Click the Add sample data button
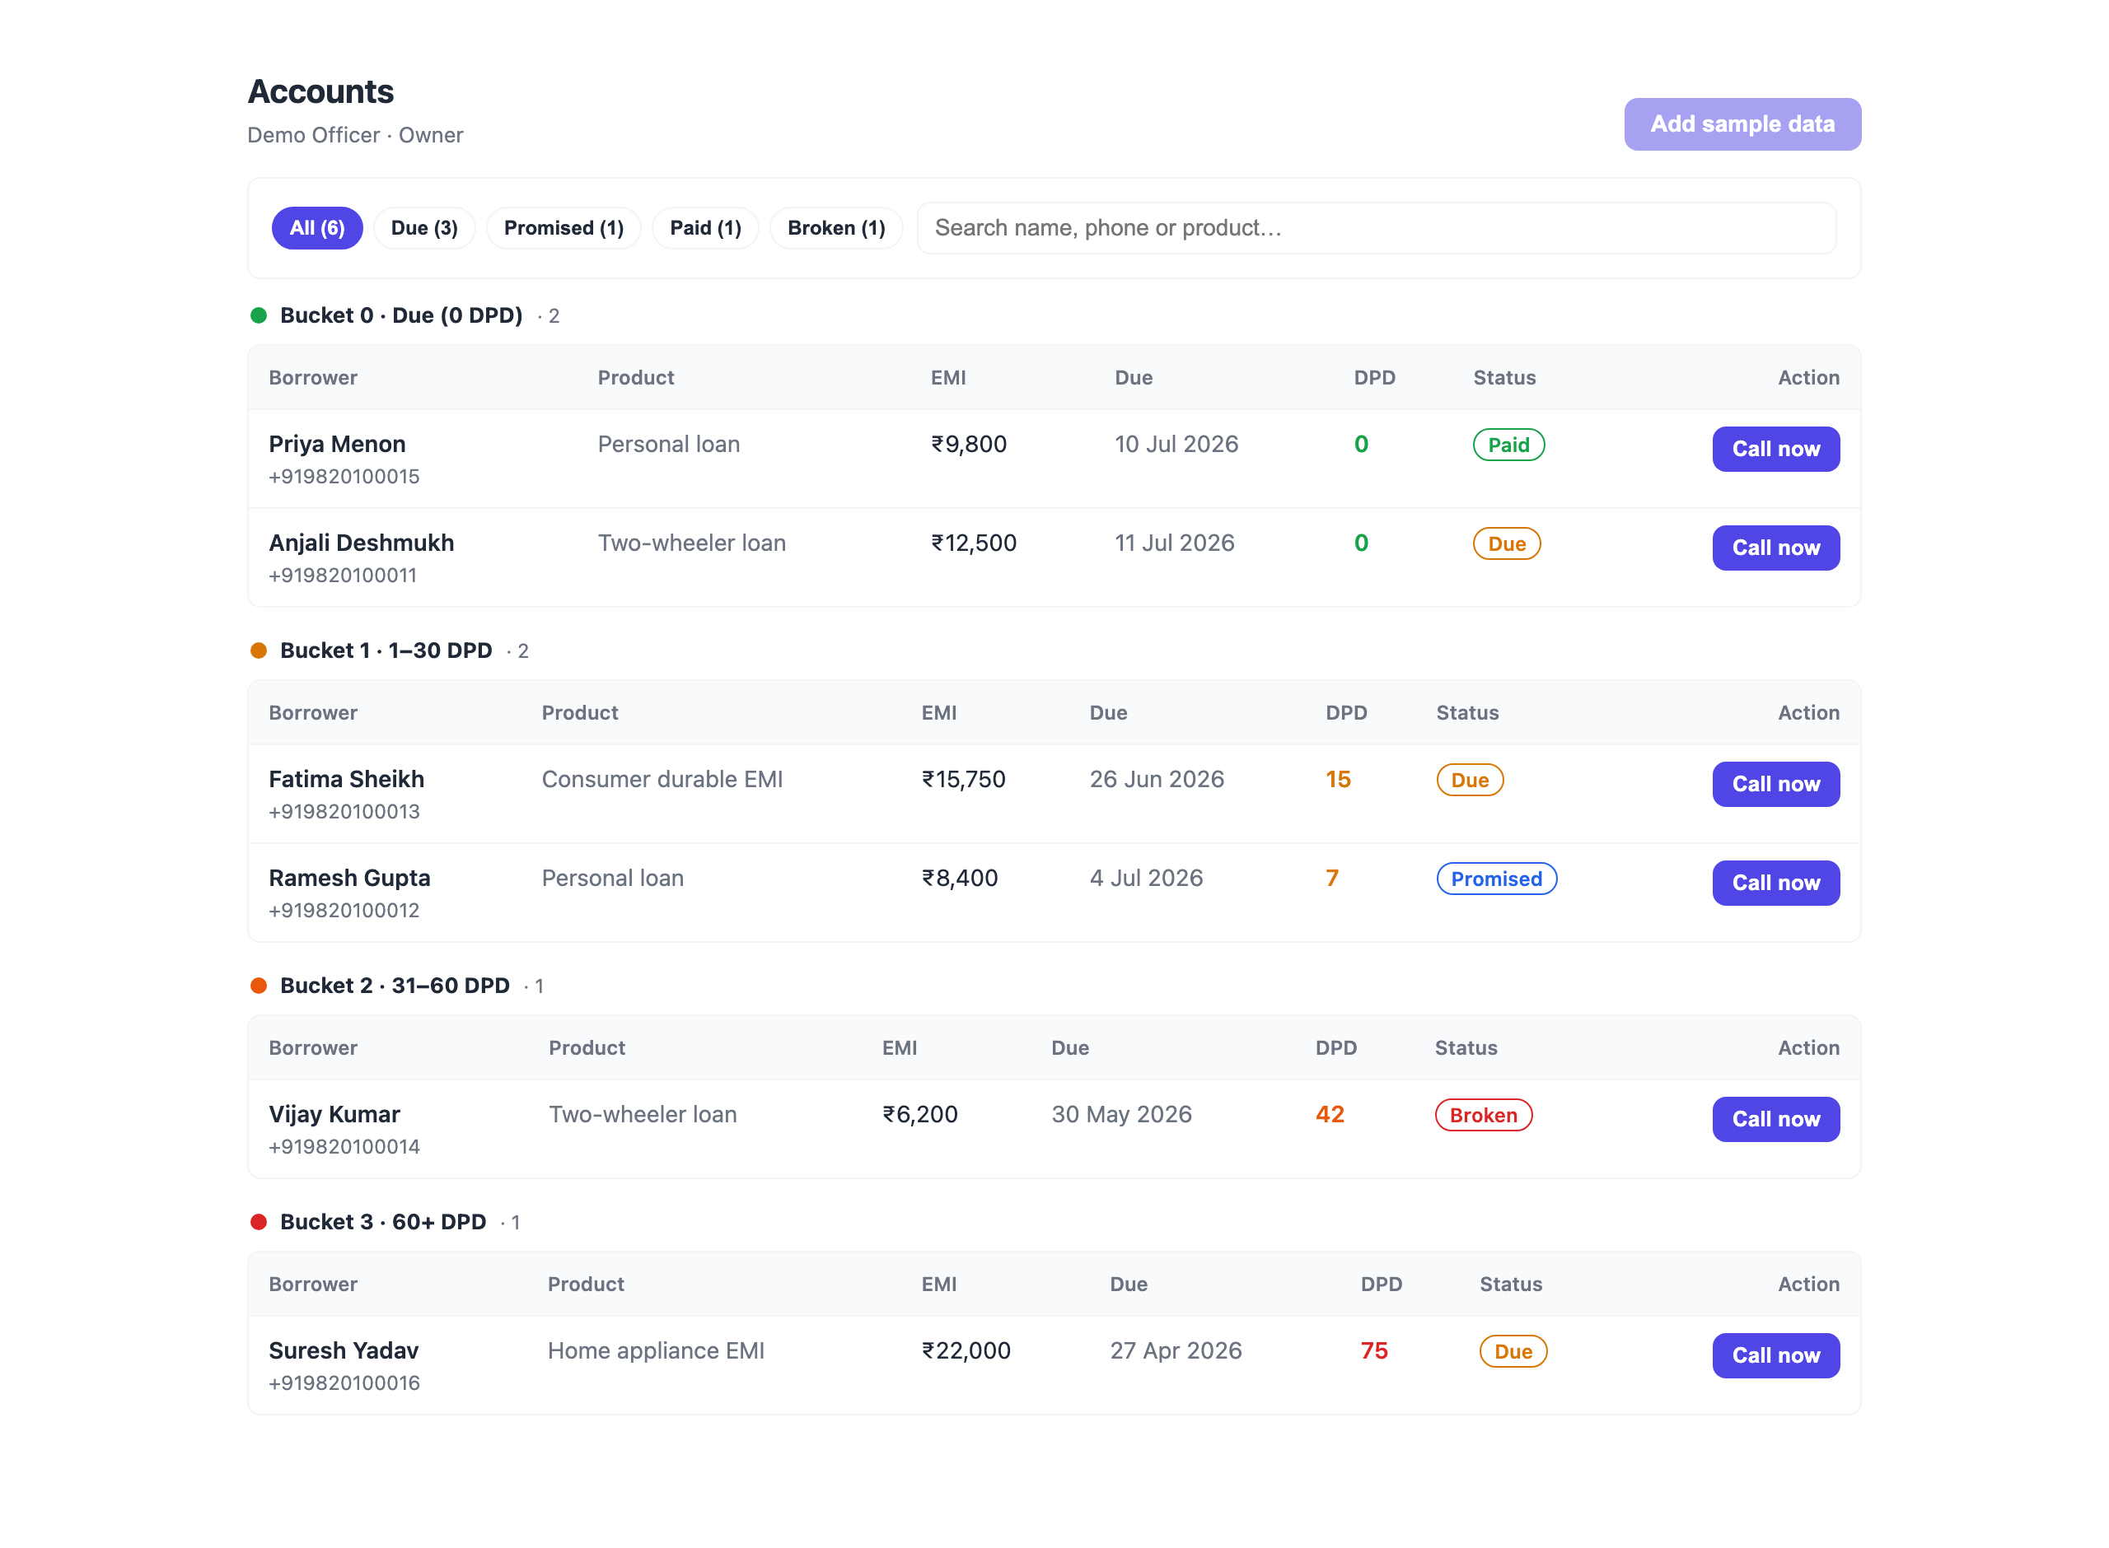[x=1742, y=124]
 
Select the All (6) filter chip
[x=317, y=228]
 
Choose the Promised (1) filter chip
[x=563, y=228]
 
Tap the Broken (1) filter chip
[x=836, y=228]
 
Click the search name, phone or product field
[x=1376, y=228]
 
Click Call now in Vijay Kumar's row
[x=1775, y=1119]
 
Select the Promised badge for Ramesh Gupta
[x=1496, y=879]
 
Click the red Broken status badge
[x=1483, y=1115]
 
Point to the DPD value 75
[x=1373, y=1350]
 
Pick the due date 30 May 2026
[x=1121, y=1114]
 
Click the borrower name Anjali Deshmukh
[x=361, y=543]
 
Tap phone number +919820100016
[x=344, y=1383]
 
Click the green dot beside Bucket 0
[x=259, y=316]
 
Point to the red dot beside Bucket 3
[x=259, y=1222]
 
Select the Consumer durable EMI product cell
[x=662, y=780]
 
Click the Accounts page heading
[x=320, y=92]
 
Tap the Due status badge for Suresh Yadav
[x=1513, y=1351]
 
